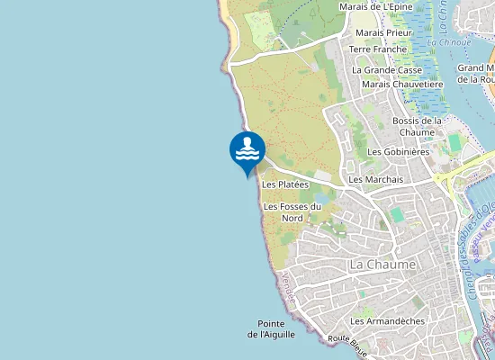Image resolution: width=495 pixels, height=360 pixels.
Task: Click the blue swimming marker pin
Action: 247,150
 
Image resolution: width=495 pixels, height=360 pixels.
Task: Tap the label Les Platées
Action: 285,184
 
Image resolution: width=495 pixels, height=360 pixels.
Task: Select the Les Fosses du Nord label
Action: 292,211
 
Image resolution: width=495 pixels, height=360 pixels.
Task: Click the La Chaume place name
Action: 382,265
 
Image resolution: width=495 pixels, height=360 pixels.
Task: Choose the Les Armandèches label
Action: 387,320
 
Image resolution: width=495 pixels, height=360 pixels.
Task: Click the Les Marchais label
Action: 375,179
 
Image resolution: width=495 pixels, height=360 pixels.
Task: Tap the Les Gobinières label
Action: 399,151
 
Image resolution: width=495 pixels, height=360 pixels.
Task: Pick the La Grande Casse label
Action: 387,69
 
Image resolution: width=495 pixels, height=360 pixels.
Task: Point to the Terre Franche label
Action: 384,49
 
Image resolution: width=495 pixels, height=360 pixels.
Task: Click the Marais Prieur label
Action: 382,32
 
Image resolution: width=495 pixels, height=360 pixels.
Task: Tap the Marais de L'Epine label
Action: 375,6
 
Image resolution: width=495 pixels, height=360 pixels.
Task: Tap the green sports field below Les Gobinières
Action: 455,143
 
